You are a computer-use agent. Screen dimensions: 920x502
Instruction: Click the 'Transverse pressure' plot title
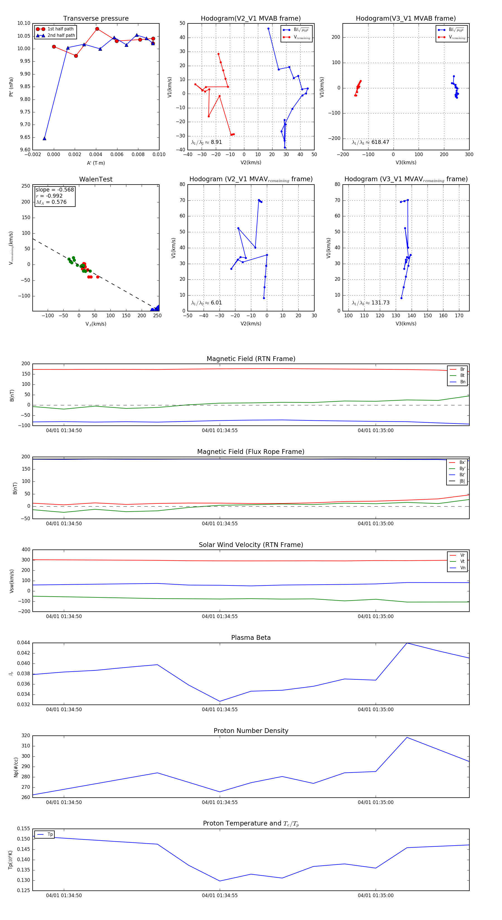(96, 19)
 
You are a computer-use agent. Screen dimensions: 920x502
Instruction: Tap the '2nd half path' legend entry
(61, 35)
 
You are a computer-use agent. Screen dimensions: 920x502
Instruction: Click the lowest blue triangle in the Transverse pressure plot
(45, 138)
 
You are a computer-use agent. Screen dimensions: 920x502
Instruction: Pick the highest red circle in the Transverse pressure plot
(97, 29)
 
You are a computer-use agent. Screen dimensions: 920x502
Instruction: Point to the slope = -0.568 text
(55, 190)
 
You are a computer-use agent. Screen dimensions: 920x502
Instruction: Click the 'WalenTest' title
(96, 179)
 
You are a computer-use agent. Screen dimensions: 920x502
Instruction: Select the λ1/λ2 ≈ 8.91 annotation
(206, 142)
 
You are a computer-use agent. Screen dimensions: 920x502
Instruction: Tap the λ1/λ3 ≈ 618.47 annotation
(371, 142)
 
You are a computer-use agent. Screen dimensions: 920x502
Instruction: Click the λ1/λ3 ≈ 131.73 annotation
(371, 303)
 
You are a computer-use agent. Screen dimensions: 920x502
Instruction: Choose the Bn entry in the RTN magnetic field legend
(462, 382)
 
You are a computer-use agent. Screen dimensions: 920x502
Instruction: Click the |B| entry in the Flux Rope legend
(462, 481)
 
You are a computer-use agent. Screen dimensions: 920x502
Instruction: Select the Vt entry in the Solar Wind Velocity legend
(462, 561)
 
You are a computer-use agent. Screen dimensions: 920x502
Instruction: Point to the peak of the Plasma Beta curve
(407, 643)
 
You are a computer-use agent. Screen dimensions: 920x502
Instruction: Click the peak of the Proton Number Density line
(407, 737)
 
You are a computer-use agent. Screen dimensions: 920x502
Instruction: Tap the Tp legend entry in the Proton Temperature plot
(50, 834)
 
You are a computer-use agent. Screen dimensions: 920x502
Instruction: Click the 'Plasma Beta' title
(251, 638)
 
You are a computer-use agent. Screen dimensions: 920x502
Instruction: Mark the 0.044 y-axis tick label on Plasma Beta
(24, 643)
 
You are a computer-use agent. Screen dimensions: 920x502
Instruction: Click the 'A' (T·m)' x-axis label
(96, 163)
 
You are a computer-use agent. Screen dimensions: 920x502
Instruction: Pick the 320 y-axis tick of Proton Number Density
(26, 735)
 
